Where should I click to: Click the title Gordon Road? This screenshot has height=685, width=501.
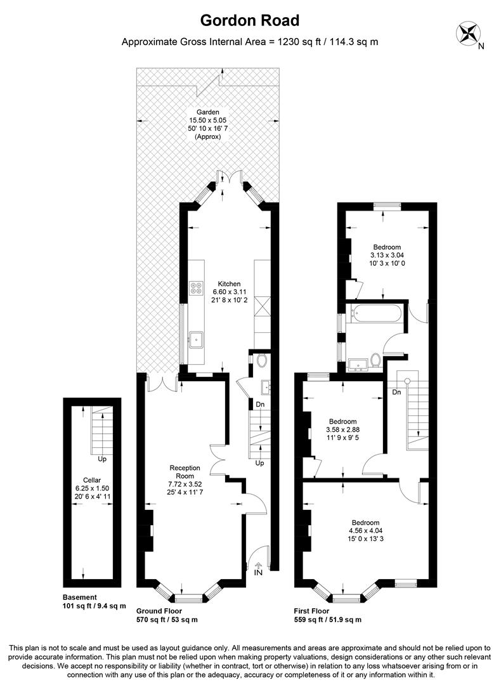click(250, 20)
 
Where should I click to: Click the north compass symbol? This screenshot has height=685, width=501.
click(469, 33)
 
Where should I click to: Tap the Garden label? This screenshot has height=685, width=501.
click(207, 112)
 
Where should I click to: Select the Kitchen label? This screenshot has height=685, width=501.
click(228, 284)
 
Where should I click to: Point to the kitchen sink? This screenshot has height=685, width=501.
click(197, 339)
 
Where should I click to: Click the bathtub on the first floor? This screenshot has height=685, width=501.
click(374, 313)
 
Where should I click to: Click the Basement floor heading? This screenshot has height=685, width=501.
click(80, 597)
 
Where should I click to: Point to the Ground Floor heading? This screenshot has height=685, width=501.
click(159, 610)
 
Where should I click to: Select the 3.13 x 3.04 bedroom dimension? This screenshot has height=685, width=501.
click(386, 255)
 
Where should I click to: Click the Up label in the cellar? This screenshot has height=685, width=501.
click(101, 459)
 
